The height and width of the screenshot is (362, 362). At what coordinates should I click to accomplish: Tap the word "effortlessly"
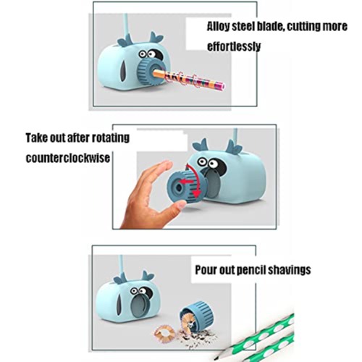234,46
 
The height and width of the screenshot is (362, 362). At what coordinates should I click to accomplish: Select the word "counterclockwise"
68,158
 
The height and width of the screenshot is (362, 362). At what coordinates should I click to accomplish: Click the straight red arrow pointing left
187,182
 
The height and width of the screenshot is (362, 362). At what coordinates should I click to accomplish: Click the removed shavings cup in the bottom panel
196,316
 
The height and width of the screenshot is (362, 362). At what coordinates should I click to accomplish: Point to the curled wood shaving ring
165,332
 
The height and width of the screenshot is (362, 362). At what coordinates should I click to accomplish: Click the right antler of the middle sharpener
234,147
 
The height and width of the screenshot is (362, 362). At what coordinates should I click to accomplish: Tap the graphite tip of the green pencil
216,358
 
